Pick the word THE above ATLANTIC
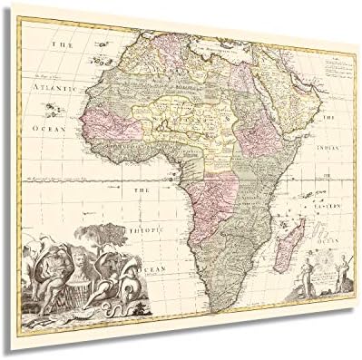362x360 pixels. tap(63, 44)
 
